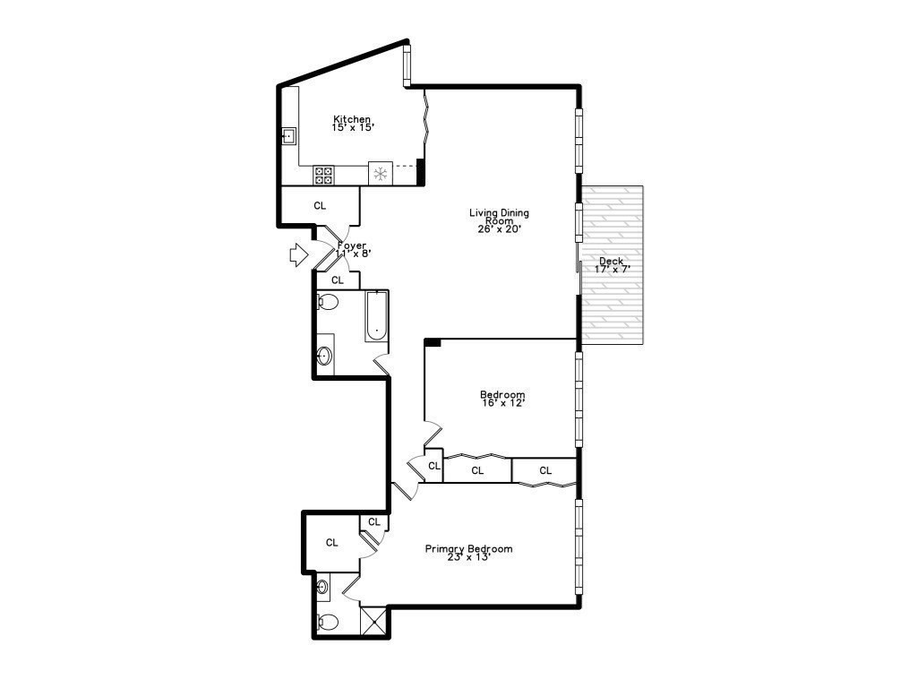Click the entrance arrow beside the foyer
(x=297, y=255)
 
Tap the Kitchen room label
(x=352, y=119)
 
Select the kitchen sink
(x=289, y=136)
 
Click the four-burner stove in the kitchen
(x=323, y=175)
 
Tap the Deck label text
(x=612, y=262)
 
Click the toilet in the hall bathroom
(x=327, y=303)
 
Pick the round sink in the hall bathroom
(x=324, y=357)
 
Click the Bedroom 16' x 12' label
(x=502, y=395)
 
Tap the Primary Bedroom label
(x=468, y=549)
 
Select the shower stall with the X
(x=373, y=621)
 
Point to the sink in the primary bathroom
(x=323, y=589)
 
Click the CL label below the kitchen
(x=320, y=206)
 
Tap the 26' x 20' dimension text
(x=500, y=229)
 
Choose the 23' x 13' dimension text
(x=468, y=558)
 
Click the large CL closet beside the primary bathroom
(x=331, y=542)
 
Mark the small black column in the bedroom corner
(x=432, y=342)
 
